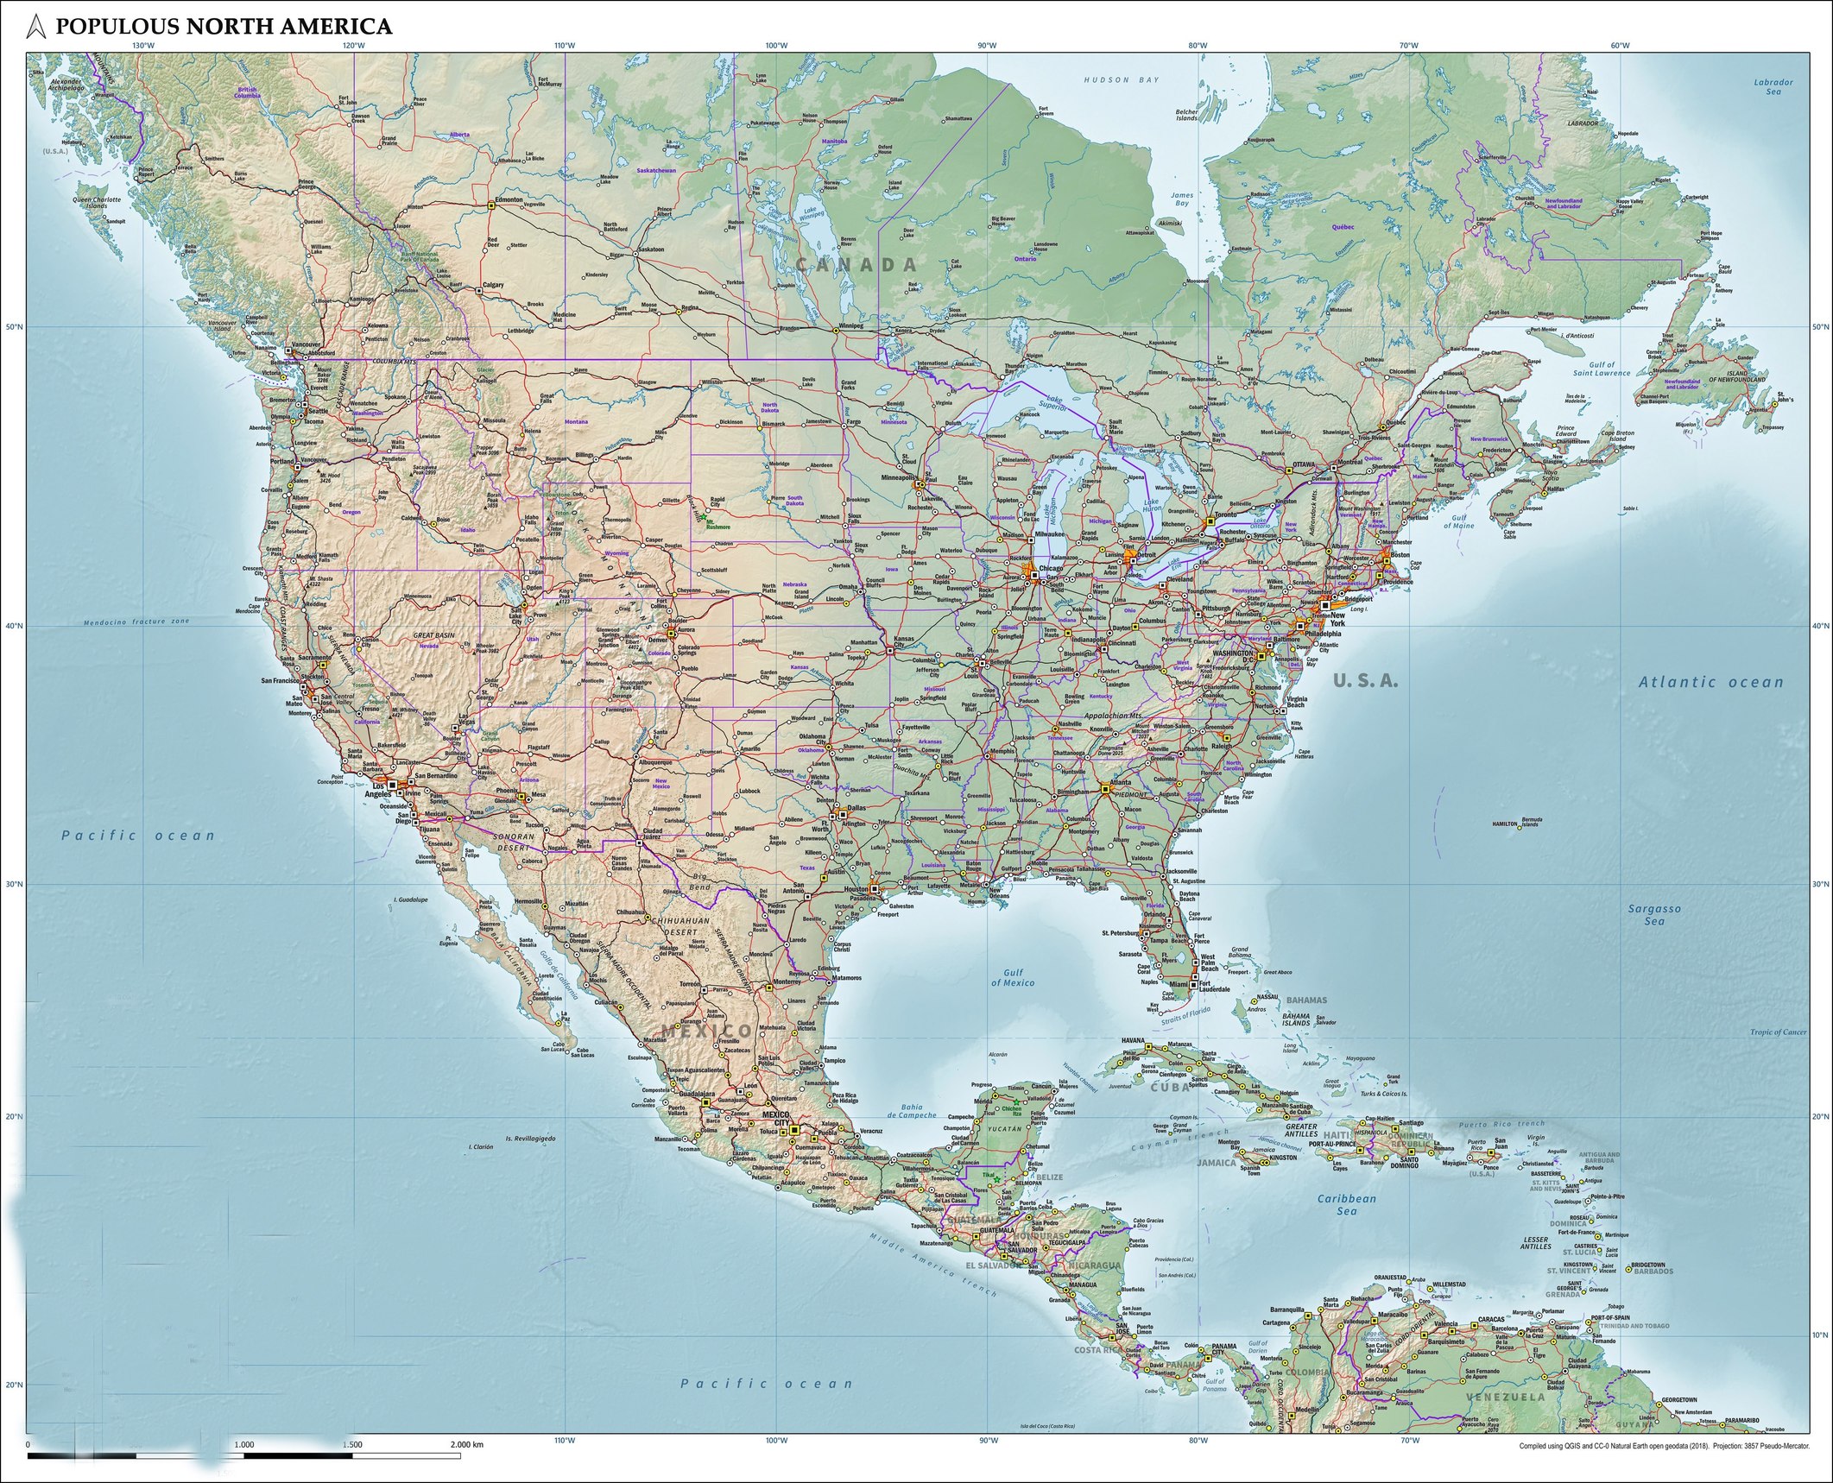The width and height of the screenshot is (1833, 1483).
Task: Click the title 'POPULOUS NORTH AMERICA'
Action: (223, 27)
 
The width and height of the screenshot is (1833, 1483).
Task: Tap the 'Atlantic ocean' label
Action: (1710, 682)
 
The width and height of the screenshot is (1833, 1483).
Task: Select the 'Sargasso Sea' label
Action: (1647, 914)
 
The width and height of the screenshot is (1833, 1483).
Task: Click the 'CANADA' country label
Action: (855, 265)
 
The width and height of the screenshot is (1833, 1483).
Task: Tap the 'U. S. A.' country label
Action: (1365, 681)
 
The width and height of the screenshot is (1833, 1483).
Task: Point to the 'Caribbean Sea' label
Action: (1346, 1204)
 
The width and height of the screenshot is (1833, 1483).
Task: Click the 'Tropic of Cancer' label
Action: (1778, 1032)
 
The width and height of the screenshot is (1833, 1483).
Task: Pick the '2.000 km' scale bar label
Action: (466, 1444)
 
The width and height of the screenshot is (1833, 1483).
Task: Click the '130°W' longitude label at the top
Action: (143, 46)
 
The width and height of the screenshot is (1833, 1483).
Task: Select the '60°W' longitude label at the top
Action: (1619, 46)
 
